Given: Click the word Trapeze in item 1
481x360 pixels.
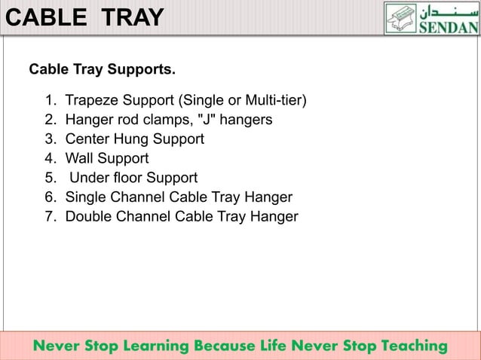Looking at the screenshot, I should [90, 100].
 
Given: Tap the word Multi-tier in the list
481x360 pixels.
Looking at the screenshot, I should [274, 100].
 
